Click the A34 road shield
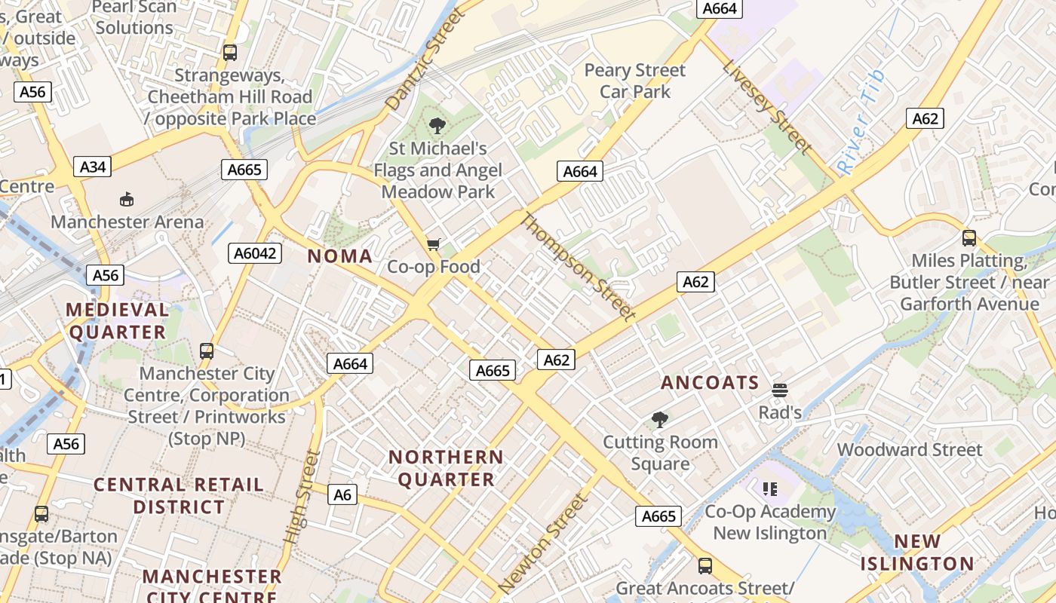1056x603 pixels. click(x=93, y=167)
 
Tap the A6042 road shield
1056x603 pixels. click(x=255, y=253)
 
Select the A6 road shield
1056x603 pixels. click(x=342, y=494)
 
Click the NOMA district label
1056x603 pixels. click(x=340, y=256)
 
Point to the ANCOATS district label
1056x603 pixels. click(x=710, y=383)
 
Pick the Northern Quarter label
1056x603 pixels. click(x=446, y=468)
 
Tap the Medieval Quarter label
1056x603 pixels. click(x=117, y=320)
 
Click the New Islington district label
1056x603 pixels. click(x=917, y=552)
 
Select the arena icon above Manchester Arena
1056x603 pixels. click(x=127, y=200)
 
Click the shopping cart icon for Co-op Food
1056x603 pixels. click(x=433, y=244)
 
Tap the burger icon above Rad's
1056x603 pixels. click(x=780, y=390)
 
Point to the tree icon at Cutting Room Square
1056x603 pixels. click(x=660, y=419)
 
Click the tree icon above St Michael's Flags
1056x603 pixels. click(x=437, y=126)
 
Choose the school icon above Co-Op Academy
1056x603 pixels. click(x=770, y=489)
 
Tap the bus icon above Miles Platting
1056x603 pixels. click(x=969, y=238)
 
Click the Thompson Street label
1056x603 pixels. click(x=578, y=267)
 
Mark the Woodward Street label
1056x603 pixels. click(x=910, y=450)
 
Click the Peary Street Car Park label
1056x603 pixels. click(x=635, y=81)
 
